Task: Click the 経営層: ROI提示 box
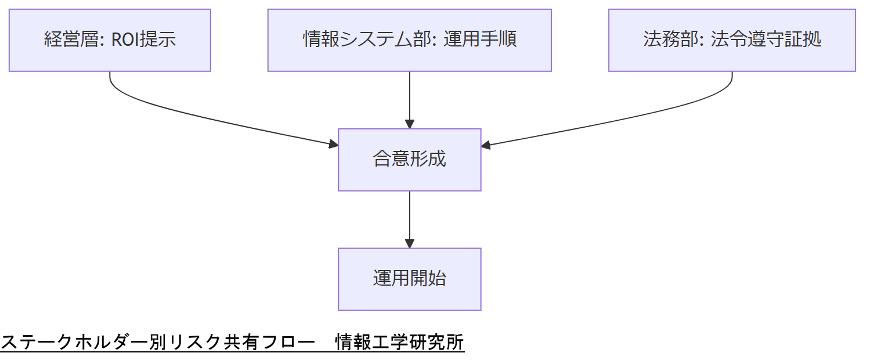110,40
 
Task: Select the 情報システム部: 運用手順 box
409,40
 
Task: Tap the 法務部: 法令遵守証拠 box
732,40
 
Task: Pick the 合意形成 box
409,159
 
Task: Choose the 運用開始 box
409,279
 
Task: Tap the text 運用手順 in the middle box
481,40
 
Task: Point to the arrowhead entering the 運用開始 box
409,244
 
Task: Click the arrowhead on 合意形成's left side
334,143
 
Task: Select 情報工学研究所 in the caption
400,343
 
